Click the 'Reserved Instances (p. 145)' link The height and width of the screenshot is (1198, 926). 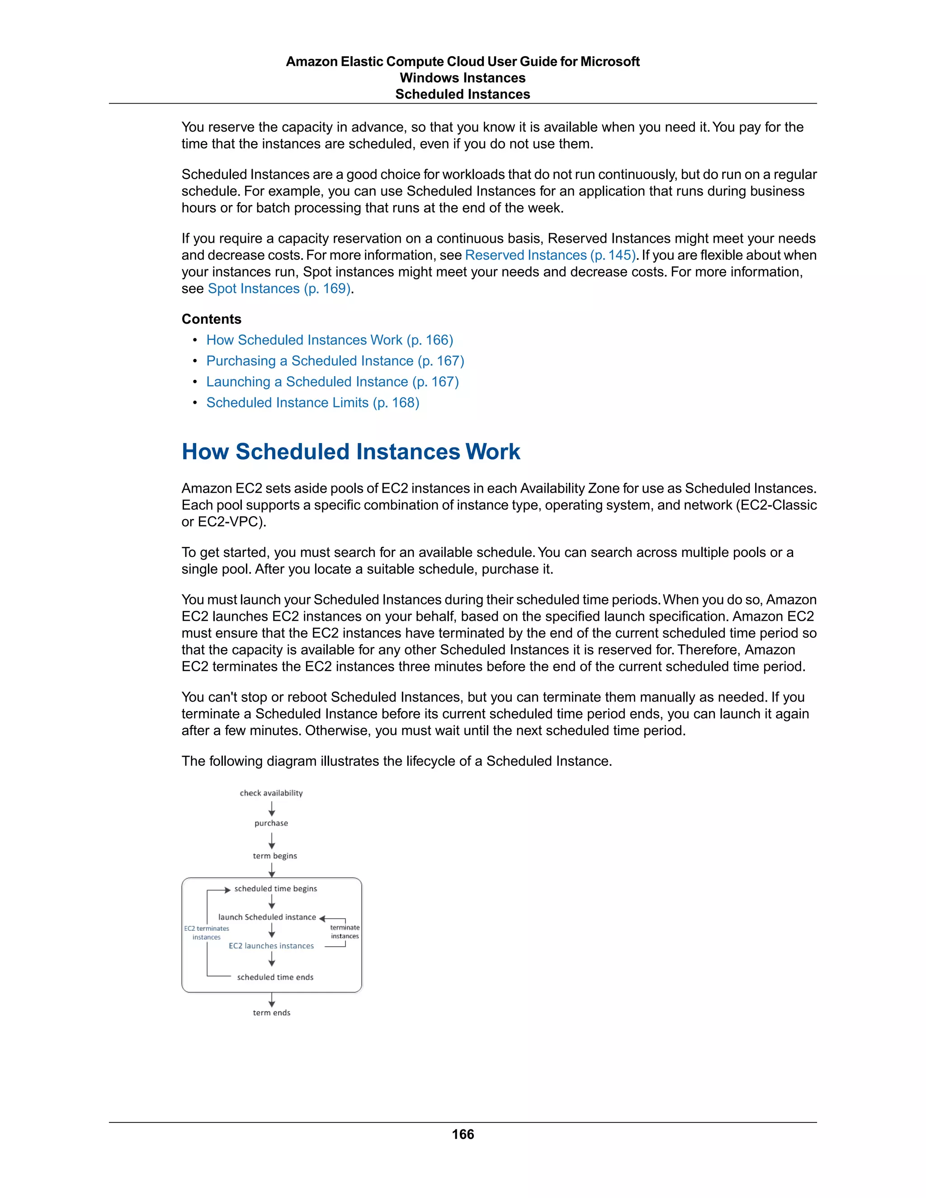550,255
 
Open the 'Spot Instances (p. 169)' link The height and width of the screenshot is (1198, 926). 279,288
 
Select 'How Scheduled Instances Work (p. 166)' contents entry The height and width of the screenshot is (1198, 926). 329,340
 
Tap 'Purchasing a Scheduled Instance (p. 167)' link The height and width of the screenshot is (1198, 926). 335,361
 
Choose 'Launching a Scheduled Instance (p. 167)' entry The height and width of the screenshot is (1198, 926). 332,382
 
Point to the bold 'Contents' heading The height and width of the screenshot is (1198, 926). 211,319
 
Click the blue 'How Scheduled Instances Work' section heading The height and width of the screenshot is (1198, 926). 350,452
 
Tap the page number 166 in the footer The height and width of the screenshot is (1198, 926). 463,1134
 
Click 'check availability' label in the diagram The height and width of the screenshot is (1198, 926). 271,793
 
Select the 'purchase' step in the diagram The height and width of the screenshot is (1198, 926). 271,823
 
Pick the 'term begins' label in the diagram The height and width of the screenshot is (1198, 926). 275,856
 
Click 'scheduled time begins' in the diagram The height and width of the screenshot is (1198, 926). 275,889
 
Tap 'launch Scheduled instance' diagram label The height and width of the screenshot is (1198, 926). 267,917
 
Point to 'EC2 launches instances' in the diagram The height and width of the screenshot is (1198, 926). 271,946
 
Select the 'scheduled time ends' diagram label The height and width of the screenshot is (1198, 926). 275,977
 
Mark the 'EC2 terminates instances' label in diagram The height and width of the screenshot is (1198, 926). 206,933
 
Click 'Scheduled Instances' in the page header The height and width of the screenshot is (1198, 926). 463,94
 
